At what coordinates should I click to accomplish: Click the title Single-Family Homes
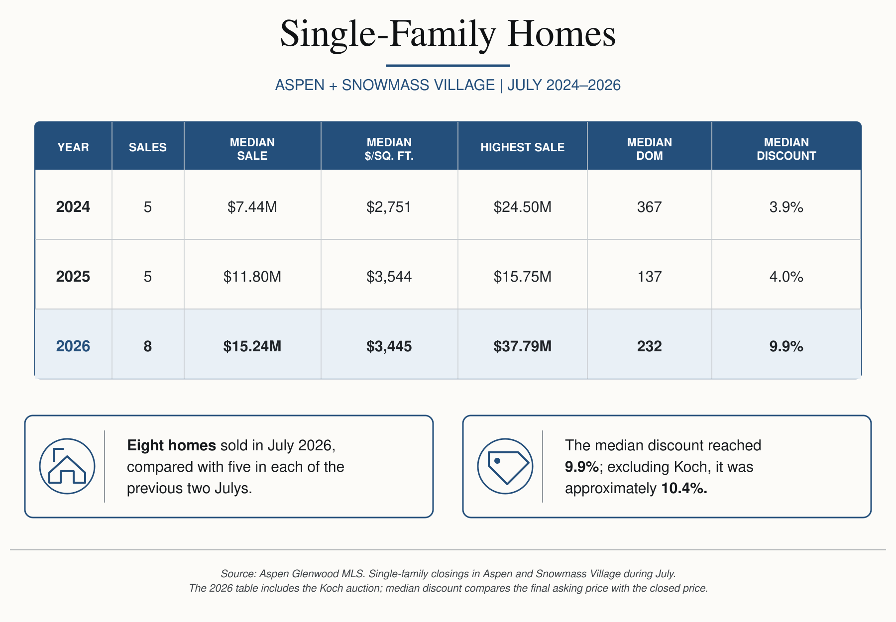click(448, 34)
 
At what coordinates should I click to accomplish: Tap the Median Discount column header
click(786, 149)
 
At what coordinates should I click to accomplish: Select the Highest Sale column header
click(523, 147)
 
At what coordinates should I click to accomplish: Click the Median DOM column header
click(650, 149)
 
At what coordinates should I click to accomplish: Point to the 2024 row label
click(73, 207)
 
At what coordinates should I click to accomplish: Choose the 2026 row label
click(73, 346)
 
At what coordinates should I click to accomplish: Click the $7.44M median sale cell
click(252, 207)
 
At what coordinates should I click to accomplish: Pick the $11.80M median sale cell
click(252, 276)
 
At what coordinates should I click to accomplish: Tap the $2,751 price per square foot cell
click(389, 207)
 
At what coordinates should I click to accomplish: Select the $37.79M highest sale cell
click(523, 346)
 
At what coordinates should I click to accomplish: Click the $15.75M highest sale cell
click(523, 276)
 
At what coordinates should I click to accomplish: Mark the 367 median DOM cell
click(650, 207)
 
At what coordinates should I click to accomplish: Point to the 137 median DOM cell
click(650, 276)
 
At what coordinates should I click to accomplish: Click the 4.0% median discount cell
click(786, 276)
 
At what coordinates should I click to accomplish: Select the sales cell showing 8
click(148, 346)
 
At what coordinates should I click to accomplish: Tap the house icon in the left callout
click(67, 466)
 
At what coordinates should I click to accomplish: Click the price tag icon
click(505, 466)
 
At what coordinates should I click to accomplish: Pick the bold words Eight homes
click(172, 445)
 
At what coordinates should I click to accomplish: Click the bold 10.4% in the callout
click(684, 488)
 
